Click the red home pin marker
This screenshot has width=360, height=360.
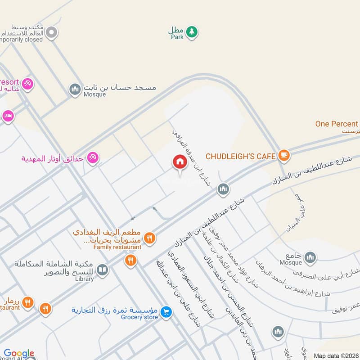click(x=180, y=162)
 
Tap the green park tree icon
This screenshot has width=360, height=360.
click(x=192, y=31)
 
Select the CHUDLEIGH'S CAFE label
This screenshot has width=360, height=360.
click(x=240, y=156)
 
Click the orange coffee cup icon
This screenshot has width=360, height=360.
click(x=284, y=156)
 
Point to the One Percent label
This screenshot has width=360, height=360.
click(x=337, y=124)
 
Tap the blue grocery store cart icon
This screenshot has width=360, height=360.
click(x=166, y=311)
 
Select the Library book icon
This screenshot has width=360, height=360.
click(x=103, y=270)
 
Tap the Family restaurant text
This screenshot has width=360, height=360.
click(x=117, y=247)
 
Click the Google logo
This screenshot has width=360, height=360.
click(x=19, y=354)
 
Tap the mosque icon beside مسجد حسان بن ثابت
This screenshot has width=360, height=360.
click(x=75, y=89)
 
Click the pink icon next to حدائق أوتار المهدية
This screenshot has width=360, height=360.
click(x=93, y=157)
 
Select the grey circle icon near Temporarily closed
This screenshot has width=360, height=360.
click(x=52, y=32)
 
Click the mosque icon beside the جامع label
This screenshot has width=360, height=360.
click(x=310, y=257)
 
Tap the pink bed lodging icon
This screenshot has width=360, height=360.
click(x=8, y=116)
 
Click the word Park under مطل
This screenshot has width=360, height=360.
click(x=177, y=37)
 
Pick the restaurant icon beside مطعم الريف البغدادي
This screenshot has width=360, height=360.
click(x=150, y=238)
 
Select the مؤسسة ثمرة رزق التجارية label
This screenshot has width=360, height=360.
click(x=114, y=310)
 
